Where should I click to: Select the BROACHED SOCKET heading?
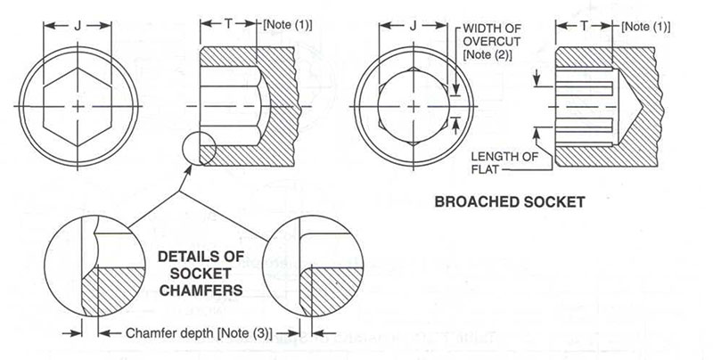(x=509, y=202)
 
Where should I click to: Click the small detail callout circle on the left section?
(x=197, y=147)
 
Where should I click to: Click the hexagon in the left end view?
(x=78, y=105)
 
